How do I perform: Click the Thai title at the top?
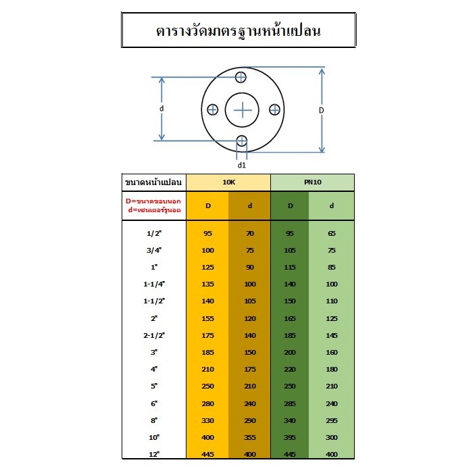click(x=238, y=31)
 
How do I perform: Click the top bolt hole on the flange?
click(x=241, y=77)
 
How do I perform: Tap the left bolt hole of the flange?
click(x=213, y=109)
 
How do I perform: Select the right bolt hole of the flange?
click(x=275, y=109)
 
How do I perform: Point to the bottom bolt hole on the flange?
click(x=242, y=141)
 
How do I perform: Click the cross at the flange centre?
click(x=243, y=110)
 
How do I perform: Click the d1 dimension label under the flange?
click(x=241, y=165)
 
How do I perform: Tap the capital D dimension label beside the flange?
click(x=322, y=110)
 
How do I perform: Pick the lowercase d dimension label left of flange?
click(x=161, y=108)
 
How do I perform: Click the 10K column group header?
click(x=228, y=182)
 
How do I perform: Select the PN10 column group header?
click(x=313, y=182)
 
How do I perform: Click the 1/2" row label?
click(x=154, y=234)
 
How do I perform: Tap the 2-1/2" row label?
click(x=154, y=336)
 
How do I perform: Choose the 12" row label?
click(x=154, y=455)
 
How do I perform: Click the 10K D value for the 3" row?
click(x=208, y=353)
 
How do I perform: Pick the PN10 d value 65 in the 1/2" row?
click(x=332, y=234)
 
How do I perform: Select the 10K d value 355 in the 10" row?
click(x=250, y=438)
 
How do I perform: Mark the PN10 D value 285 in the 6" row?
click(x=290, y=404)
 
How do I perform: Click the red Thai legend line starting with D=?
click(x=153, y=201)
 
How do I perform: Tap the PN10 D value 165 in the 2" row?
click(x=290, y=319)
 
